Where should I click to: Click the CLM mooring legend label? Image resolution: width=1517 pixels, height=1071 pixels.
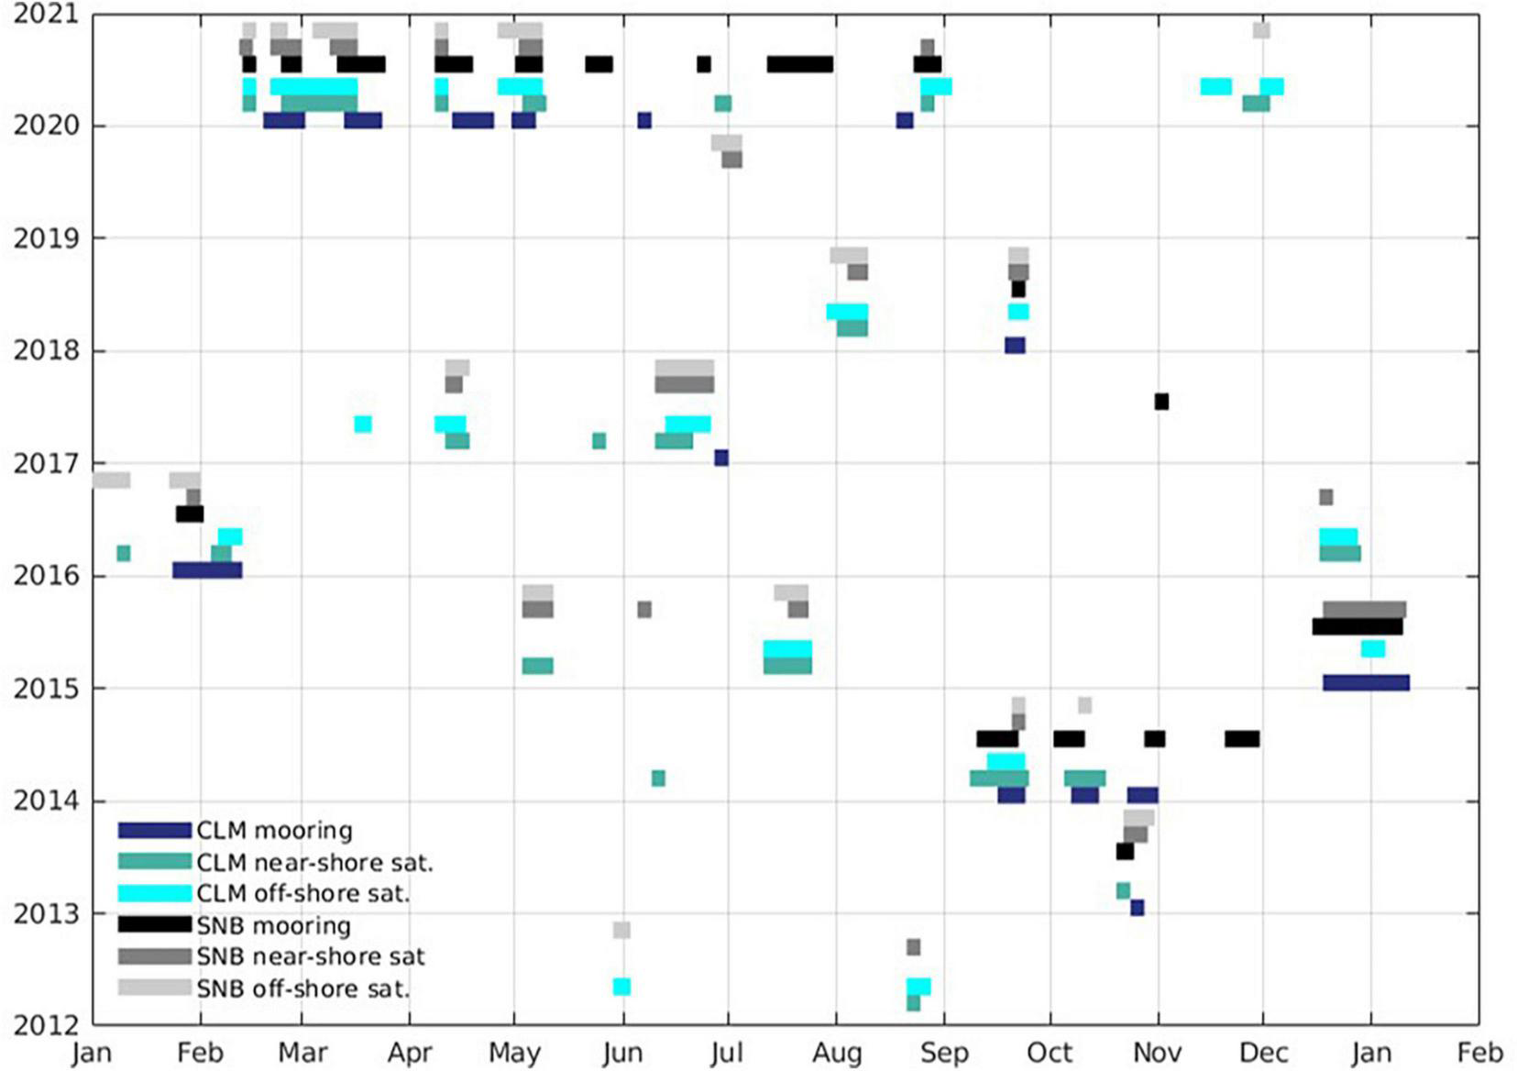[x=274, y=830]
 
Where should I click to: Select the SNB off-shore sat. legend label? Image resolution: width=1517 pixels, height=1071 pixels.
[x=302, y=988]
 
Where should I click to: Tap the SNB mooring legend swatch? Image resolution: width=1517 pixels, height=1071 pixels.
[x=154, y=924]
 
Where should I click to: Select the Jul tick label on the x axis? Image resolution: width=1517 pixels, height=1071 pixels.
[x=727, y=1052]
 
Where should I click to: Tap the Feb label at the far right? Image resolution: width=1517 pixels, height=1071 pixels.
[x=1479, y=1052]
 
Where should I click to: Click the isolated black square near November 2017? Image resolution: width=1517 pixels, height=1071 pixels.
[x=1161, y=401]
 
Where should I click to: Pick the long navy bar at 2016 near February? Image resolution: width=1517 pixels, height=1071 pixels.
[x=207, y=569]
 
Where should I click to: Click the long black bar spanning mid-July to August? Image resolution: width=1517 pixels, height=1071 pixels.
[x=799, y=64]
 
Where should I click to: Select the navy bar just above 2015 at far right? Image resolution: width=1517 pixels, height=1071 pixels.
[x=1366, y=682]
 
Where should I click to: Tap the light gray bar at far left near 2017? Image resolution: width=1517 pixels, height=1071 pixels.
[x=112, y=480]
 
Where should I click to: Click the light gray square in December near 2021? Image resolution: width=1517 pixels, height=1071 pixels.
[x=1261, y=30]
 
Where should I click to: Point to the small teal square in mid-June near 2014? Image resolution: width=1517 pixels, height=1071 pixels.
[x=658, y=778]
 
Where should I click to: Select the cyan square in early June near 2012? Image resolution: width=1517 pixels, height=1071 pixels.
[x=621, y=987]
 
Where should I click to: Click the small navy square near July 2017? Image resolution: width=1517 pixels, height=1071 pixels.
[x=721, y=458]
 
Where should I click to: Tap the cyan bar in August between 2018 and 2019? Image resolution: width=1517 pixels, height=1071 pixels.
[x=847, y=311]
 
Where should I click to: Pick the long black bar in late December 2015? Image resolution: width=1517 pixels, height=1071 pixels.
[x=1358, y=627]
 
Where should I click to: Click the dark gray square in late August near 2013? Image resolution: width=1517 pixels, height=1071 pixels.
[x=913, y=946]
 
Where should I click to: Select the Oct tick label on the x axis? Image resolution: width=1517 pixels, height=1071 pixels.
[x=1049, y=1052]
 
